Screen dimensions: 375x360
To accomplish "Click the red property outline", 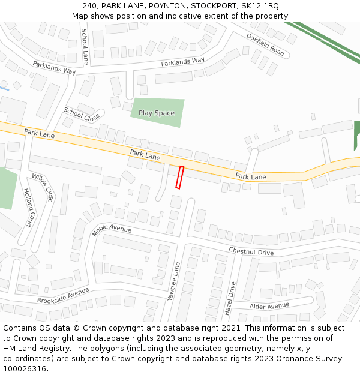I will pyautogui.click(x=179, y=178).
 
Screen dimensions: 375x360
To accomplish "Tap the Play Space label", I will pyautogui.click(x=157, y=113).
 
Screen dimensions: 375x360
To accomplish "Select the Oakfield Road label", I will pyautogui.click(x=265, y=44).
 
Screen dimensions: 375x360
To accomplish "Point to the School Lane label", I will pyautogui.click(x=85, y=46).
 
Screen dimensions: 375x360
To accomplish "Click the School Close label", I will pyautogui.click(x=82, y=114).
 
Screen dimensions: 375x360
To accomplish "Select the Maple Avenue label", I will pyautogui.click(x=112, y=229).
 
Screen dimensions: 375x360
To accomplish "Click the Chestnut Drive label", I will pyautogui.click(x=251, y=251).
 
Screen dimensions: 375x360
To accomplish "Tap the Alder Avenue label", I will pyautogui.click(x=269, y=306).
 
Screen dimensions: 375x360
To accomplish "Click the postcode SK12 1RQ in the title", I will pyautogui.click(x=260, y=6).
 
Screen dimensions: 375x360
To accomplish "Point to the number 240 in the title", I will pyautogui.click(x=90, y=6).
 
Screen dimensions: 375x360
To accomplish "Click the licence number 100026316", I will pyautogui.click(x=25, y=368).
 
